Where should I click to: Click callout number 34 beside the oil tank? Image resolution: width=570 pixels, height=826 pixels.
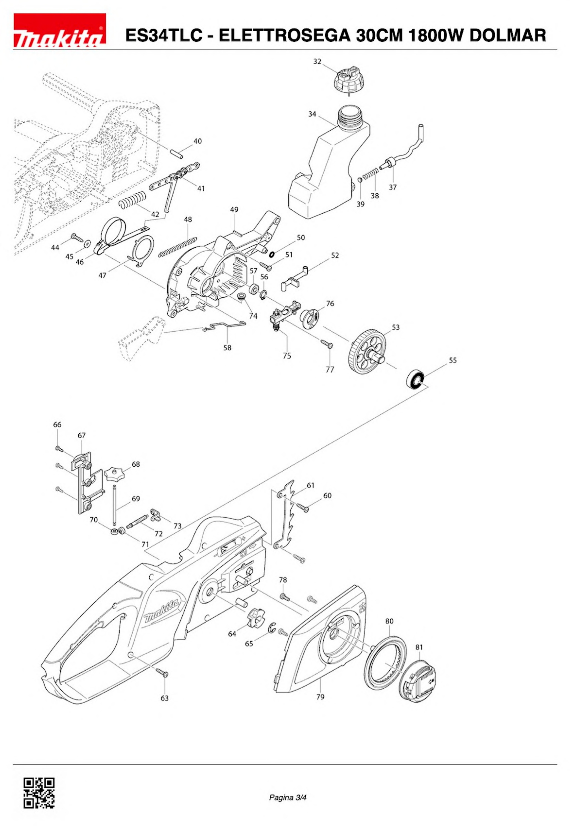click(312, 114)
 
